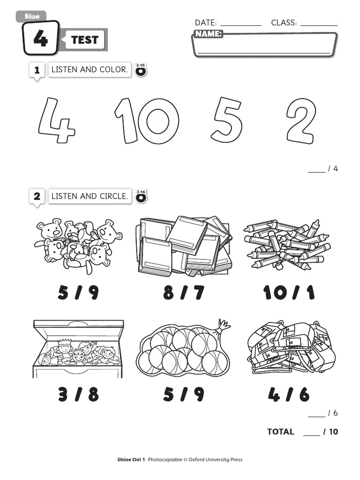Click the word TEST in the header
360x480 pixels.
coord(85,40)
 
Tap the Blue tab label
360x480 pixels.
coord(32,16)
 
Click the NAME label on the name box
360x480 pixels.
coord(209,34)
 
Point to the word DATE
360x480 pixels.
coord(206,22)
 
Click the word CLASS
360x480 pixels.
coord(284,22)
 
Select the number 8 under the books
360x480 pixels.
coord(169,292)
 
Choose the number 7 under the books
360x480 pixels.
coord(199,292)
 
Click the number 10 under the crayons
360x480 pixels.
coord(275,292)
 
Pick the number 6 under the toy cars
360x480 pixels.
coord(304,394)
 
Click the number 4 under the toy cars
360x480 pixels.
coord(274,394)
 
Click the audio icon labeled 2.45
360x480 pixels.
coord(141,70)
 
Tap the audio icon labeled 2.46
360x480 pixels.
coord(141,196)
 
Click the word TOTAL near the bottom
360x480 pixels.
coord(281,432)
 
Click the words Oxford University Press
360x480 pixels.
coord(216,459)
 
